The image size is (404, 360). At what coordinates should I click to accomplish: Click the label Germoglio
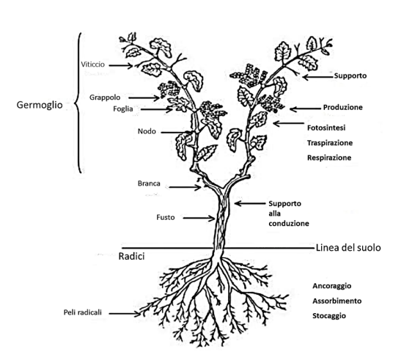point(40,105)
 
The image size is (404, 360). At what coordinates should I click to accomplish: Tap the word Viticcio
point(93,65)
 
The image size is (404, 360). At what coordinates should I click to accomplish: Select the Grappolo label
point(105,98)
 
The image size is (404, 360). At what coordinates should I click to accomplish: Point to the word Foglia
point(123,109)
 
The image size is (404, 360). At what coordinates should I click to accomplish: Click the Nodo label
point(147,131)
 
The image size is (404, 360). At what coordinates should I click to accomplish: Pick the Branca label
point(149,183)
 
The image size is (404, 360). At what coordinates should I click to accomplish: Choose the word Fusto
point(166,218)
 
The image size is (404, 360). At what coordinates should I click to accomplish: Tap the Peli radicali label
point(83,312)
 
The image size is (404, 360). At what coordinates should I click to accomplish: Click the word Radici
point(131,257)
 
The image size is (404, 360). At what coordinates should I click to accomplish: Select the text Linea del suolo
point(348,248)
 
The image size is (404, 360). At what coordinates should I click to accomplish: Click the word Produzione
point(343,107)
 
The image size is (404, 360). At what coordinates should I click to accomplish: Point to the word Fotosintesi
point(326,128)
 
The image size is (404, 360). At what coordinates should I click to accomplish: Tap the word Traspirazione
point(330,143)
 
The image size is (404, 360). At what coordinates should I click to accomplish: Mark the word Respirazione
point(329,158)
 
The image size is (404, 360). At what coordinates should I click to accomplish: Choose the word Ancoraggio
point(332,286)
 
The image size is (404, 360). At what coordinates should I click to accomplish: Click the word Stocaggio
point(329,316)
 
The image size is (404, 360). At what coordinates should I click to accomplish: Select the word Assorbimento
point(337,301)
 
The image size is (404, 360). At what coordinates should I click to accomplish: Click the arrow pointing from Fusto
point(199,218)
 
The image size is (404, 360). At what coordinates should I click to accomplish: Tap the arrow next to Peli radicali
point(125,314)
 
